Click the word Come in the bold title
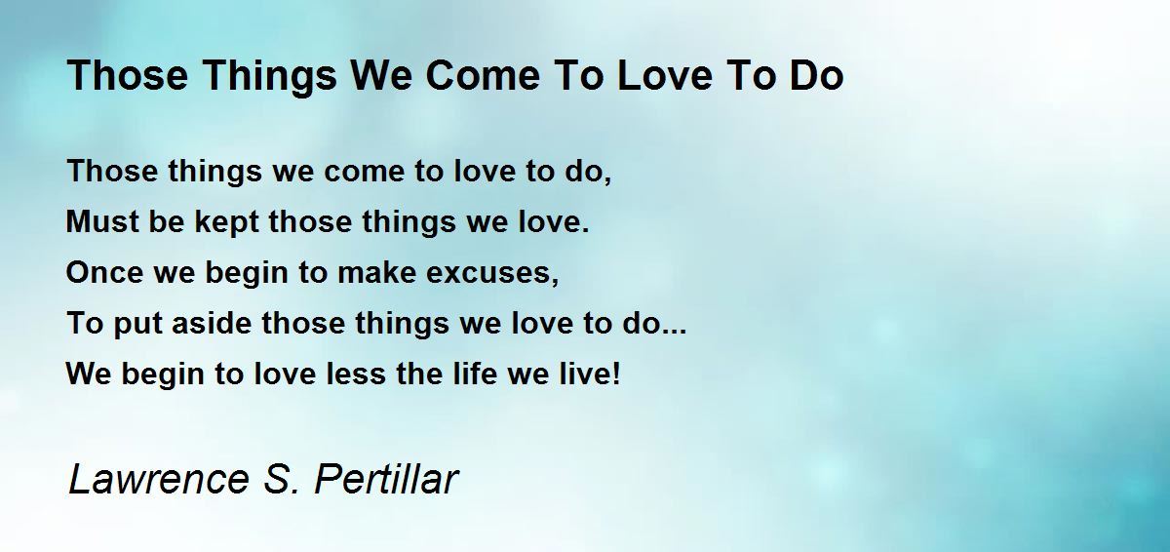pyautogui.click(x=484, y=75)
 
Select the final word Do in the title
pyautogui.click(x=816, y=75)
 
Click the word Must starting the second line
pyautogui.click(x=102, y=221)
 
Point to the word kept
pyautogui.click(x=226, y=224)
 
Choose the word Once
pyautogui.click(x=104, y=272)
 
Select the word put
pyautogui.click(x=137, y=326)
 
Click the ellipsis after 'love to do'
pyautogui.click(x=674, y=331)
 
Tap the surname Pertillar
pyautogui.click(x=386, y=479)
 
